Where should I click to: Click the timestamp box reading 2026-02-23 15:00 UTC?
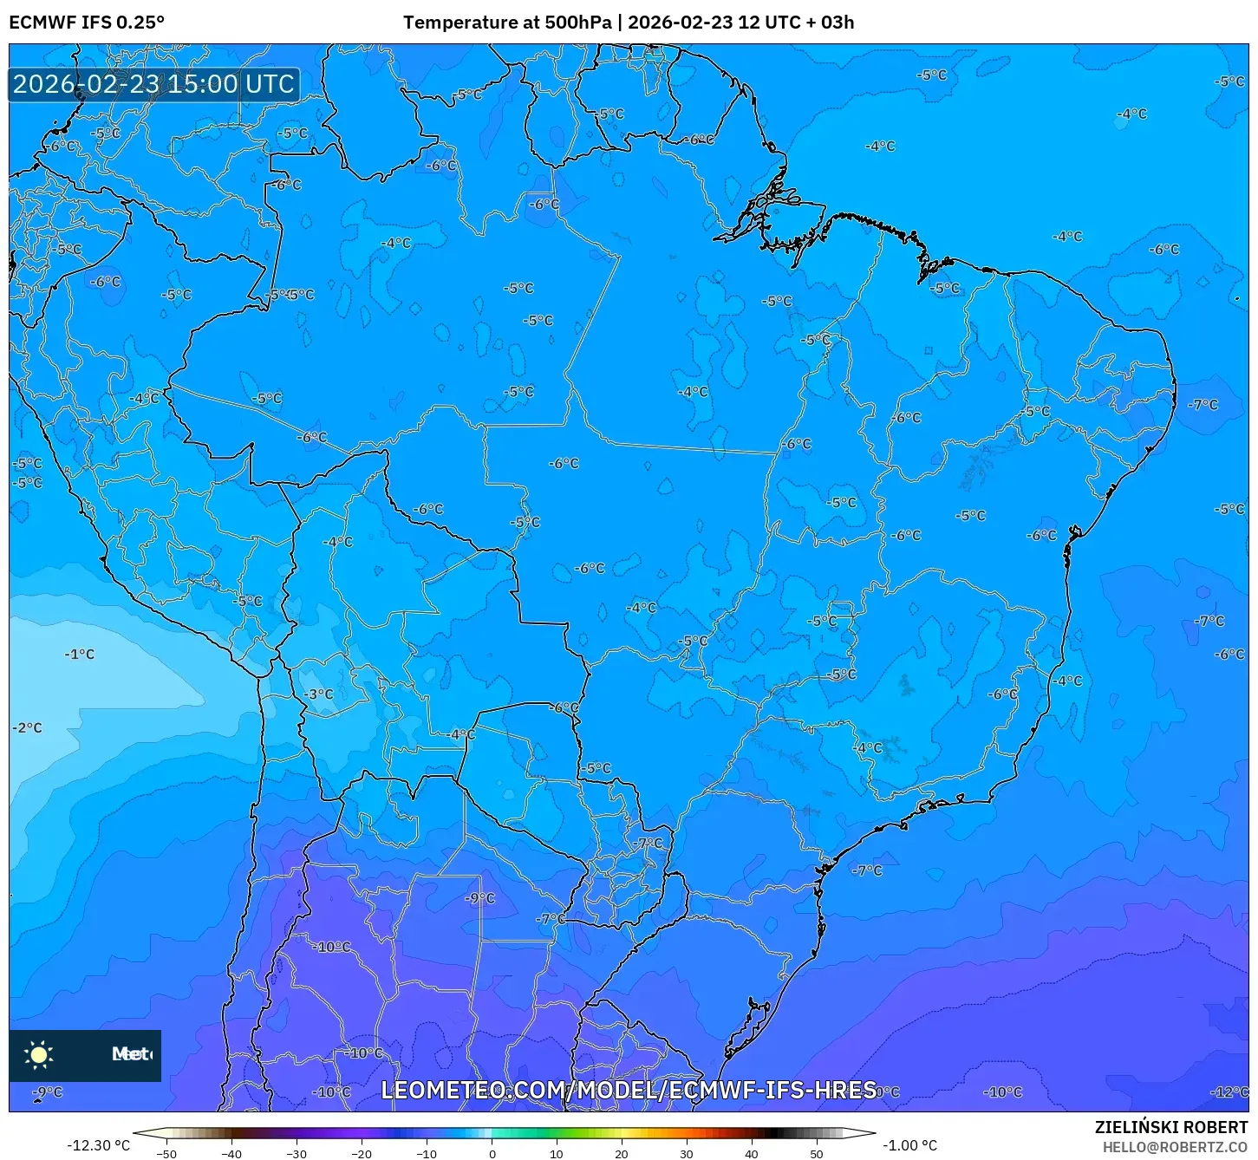pos(154,84)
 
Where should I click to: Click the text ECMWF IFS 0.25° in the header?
pos(87,23)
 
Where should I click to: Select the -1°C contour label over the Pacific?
pos(80,655)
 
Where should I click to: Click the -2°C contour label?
pos(28,728)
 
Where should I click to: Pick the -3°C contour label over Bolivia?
pos(319,694)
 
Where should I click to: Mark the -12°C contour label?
pos(1229,1092)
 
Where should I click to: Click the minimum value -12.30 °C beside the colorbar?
pos(98,1145)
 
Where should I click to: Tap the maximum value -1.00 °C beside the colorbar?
pos(909,1145)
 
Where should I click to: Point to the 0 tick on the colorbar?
pos(492,1154)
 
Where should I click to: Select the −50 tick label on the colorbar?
pos(166,1154)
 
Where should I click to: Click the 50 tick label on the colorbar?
pos(817,1154)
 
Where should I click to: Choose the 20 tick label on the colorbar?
pos(622,1154)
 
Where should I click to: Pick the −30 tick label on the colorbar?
pos(296,1154)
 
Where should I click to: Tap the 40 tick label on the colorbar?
pos(752,1154)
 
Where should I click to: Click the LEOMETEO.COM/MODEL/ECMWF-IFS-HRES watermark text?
pos(629,1090)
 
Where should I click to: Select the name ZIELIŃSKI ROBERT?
pos(1171,1128)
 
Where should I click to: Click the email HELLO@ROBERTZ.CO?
pos(1175,1147)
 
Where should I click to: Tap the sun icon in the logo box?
pos(39,1055)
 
